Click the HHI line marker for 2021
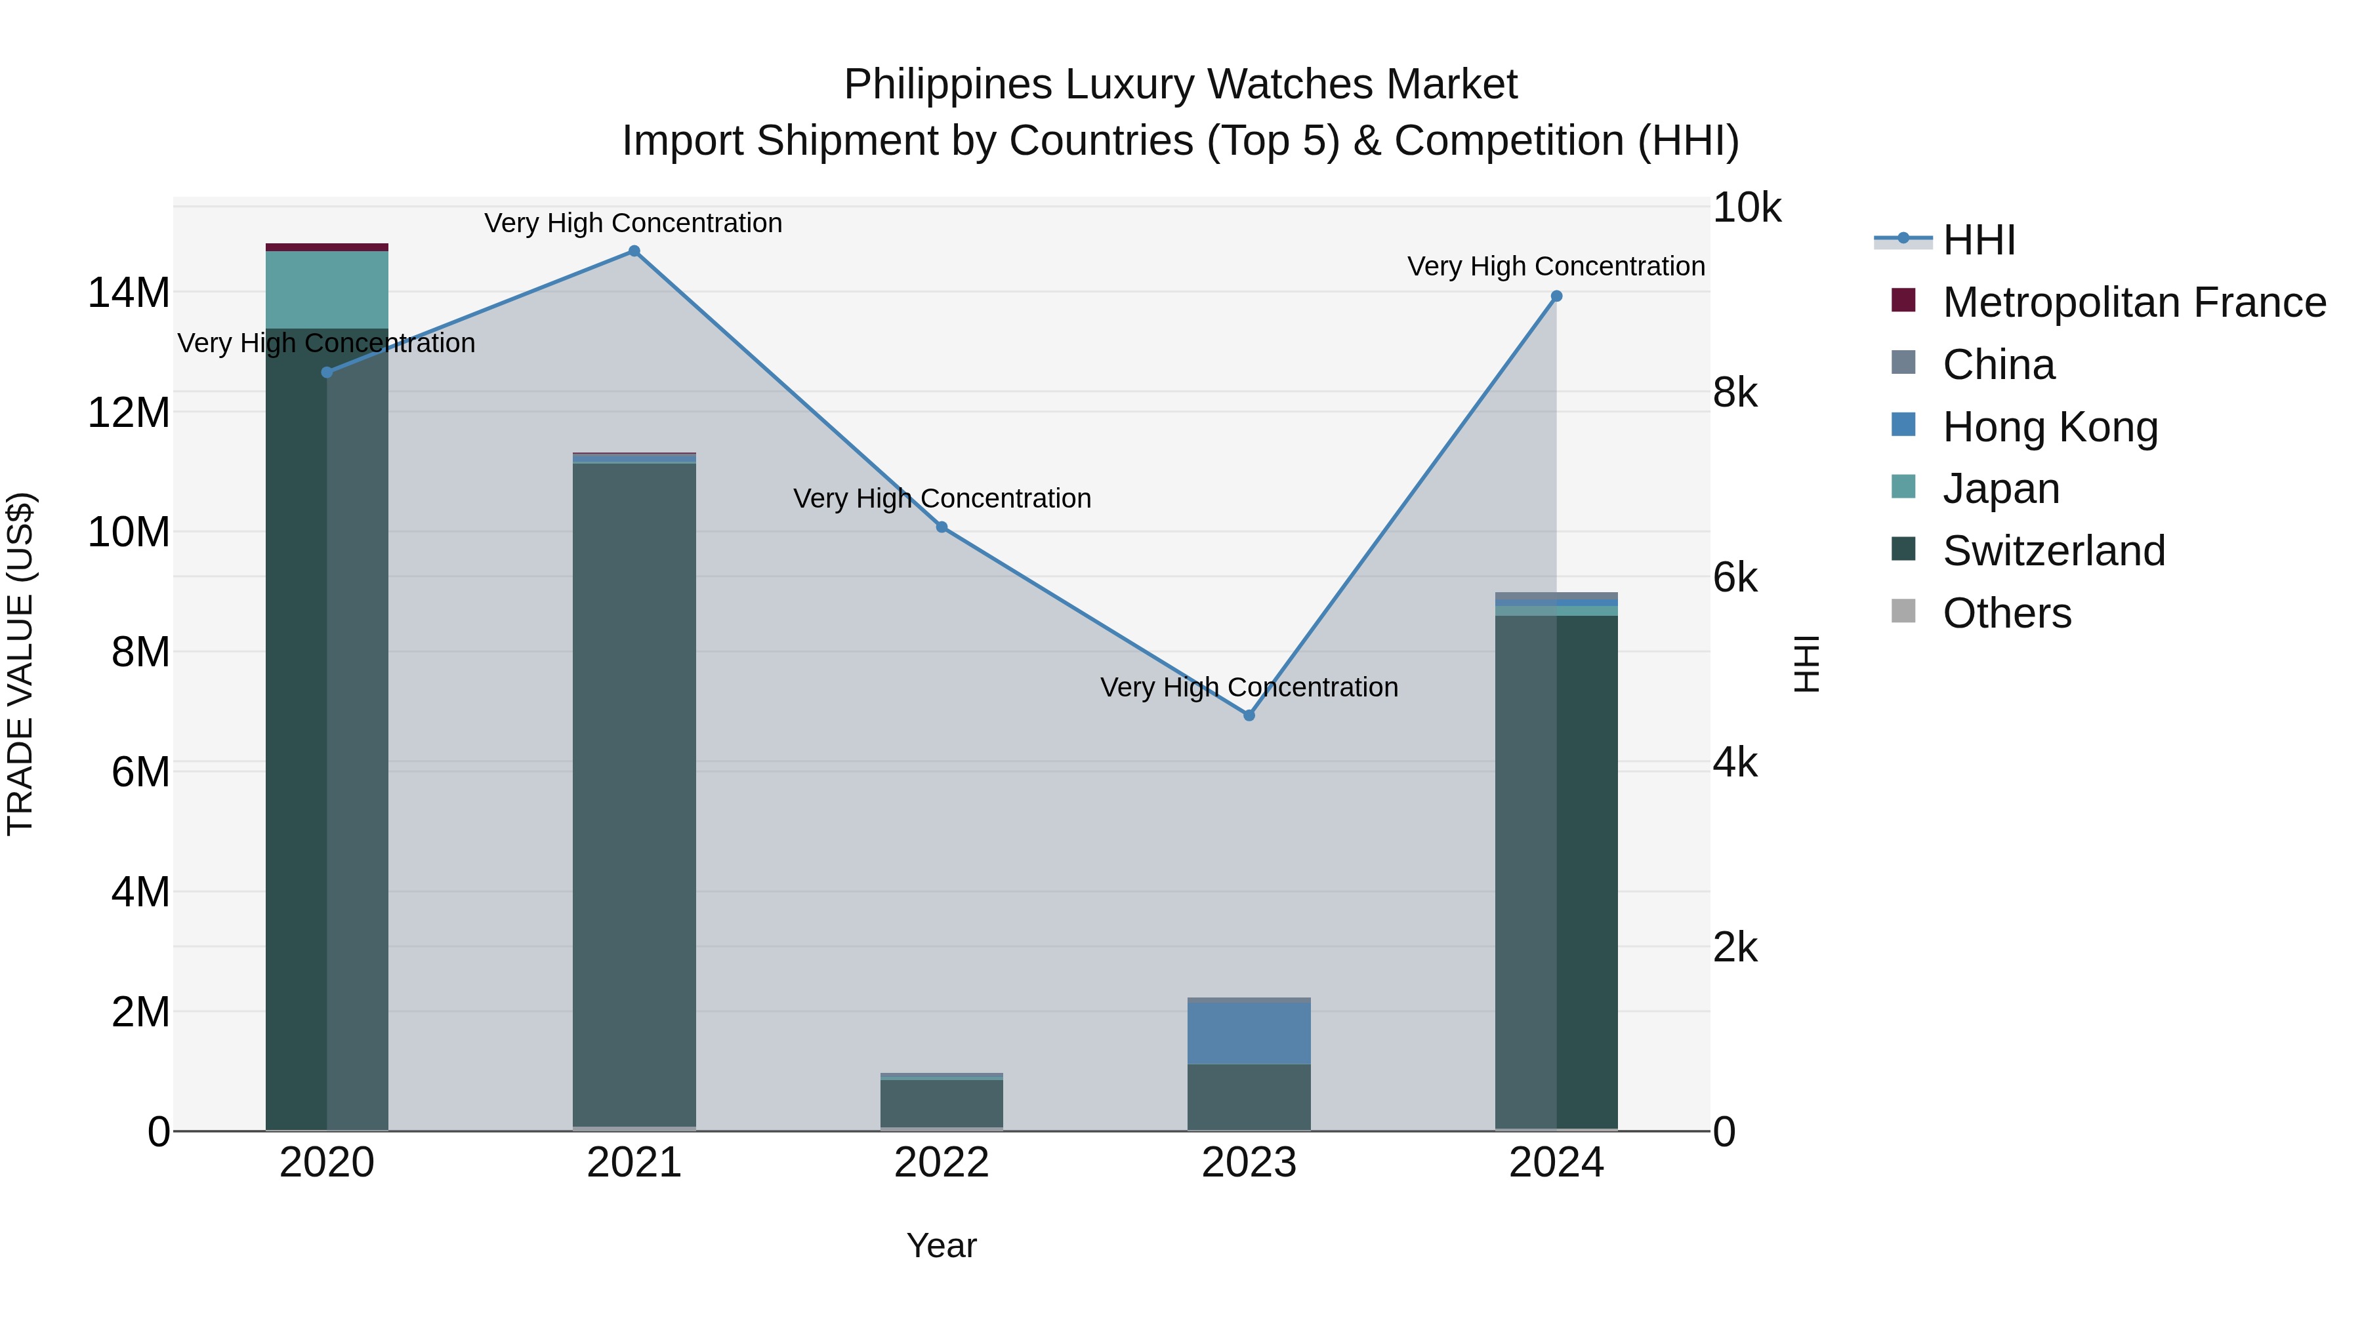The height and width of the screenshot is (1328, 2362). pos(634,251)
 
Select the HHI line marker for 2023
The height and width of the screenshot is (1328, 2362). pos(1249,715)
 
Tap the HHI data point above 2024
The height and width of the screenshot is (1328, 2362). pos(1556,296)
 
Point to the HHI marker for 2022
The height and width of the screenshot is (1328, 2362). pos(942,527)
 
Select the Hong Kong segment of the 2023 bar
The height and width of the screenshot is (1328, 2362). pos(1249,1033)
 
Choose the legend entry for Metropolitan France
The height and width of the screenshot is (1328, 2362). pos(2133,302)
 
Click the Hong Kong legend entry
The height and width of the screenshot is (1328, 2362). pos(2050,427)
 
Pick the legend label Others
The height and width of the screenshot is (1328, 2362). pos(2006,613)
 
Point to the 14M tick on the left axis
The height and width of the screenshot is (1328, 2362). pos(129,293)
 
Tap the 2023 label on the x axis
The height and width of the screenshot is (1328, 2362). pos(1249,1163)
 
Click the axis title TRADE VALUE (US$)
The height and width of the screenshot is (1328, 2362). pos(21,664)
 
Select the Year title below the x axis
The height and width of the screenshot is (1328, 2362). pos(942,1245)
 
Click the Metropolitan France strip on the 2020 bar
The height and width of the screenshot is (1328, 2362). pos(327,247)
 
